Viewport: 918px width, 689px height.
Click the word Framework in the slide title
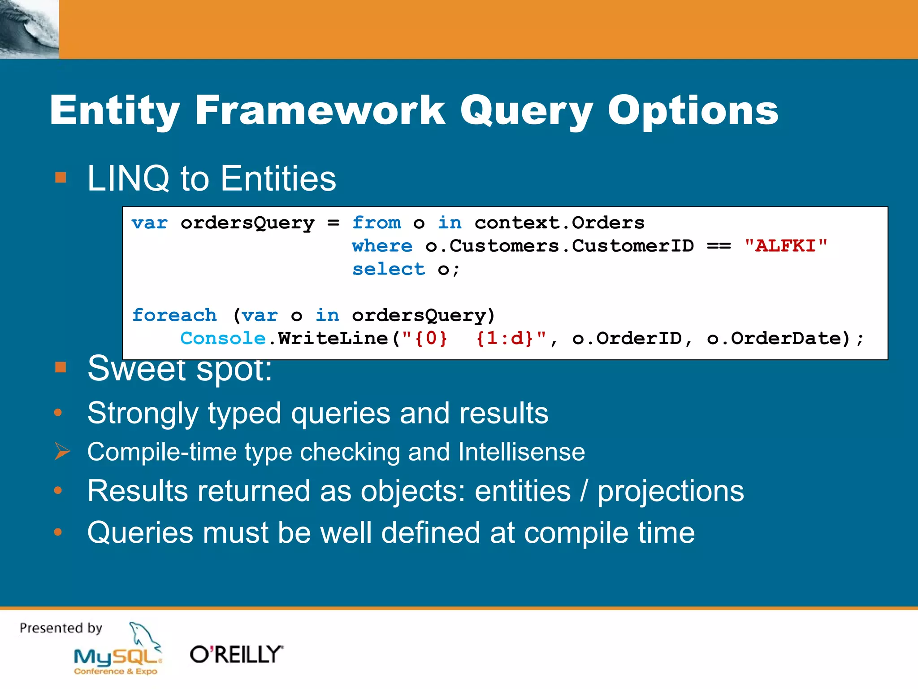[320, 110]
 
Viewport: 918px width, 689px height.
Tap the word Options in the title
[693, 110]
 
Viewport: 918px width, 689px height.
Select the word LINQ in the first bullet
[128, 179]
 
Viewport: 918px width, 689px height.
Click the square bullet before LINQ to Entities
[61, 178]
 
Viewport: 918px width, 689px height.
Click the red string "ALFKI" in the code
[785, 246]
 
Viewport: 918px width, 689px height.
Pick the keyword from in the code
[376, 222]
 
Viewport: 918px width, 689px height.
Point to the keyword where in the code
[382, 246]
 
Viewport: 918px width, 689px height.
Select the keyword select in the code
[388, 269]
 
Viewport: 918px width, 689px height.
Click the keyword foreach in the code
[174, 315]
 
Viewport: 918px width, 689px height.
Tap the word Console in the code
[223, 338]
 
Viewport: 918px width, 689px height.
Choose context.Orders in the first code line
[559, 222]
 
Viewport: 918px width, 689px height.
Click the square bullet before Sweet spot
[61, 368]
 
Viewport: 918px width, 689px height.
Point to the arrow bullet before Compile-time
[62, 451]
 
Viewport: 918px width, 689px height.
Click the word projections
[671, 491]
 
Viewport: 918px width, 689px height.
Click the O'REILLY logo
[236, 654]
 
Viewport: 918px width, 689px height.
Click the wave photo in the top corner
[29, 29]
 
